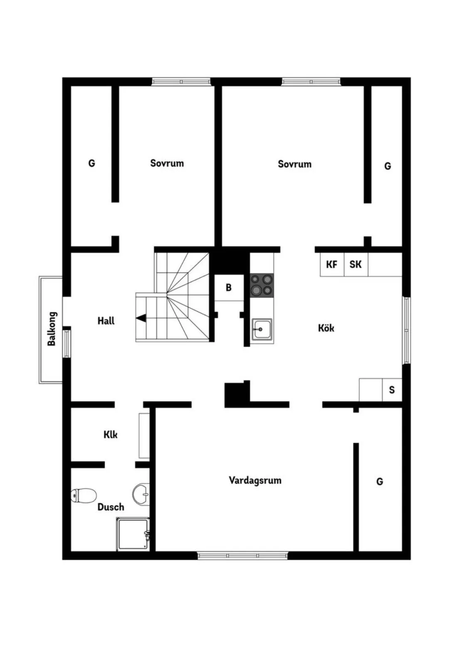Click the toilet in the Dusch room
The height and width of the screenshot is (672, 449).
tap(84, 495)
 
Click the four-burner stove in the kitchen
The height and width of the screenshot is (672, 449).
tap(262, 285)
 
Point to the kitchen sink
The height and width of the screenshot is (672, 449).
tap(262, 330)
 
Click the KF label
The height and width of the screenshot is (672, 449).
tap(332, 264)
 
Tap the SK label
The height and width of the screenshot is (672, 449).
tap(355, 264)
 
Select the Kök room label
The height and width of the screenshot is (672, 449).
tap(326, 328)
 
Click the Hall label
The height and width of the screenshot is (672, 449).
tap(106, 321)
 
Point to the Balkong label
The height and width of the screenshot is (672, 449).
tap(52, 329)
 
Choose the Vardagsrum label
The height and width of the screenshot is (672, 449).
tap(255, 480)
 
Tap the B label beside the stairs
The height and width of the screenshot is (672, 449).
tap(228, 288)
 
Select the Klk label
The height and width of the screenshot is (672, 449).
tap(111, 435)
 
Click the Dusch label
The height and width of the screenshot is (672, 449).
tap(111, 507)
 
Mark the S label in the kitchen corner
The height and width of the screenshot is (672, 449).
tap(392, 390)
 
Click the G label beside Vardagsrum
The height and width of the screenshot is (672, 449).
tap(380, 482)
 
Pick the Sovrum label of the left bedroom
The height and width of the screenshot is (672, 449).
tap(167, 163)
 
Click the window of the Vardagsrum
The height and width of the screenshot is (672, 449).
tap(242, 555)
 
